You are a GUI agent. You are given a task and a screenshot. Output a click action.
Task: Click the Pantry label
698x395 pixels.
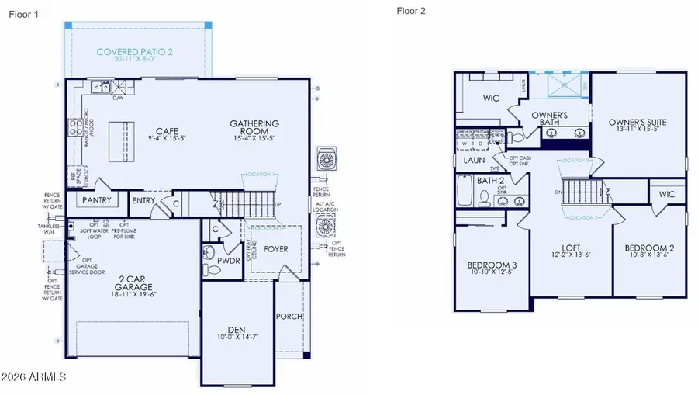pos(97,200)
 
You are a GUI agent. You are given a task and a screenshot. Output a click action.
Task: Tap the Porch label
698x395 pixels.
pos(289,316)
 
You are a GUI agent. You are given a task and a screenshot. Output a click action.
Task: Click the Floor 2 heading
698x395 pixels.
pos(410,11)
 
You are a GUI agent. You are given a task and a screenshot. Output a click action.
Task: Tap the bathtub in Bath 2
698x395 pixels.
pos(464,190)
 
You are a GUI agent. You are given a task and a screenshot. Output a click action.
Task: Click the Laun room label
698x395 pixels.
pos(475,160)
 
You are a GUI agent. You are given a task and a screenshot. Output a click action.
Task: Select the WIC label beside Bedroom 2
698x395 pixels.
pos(667,193)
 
